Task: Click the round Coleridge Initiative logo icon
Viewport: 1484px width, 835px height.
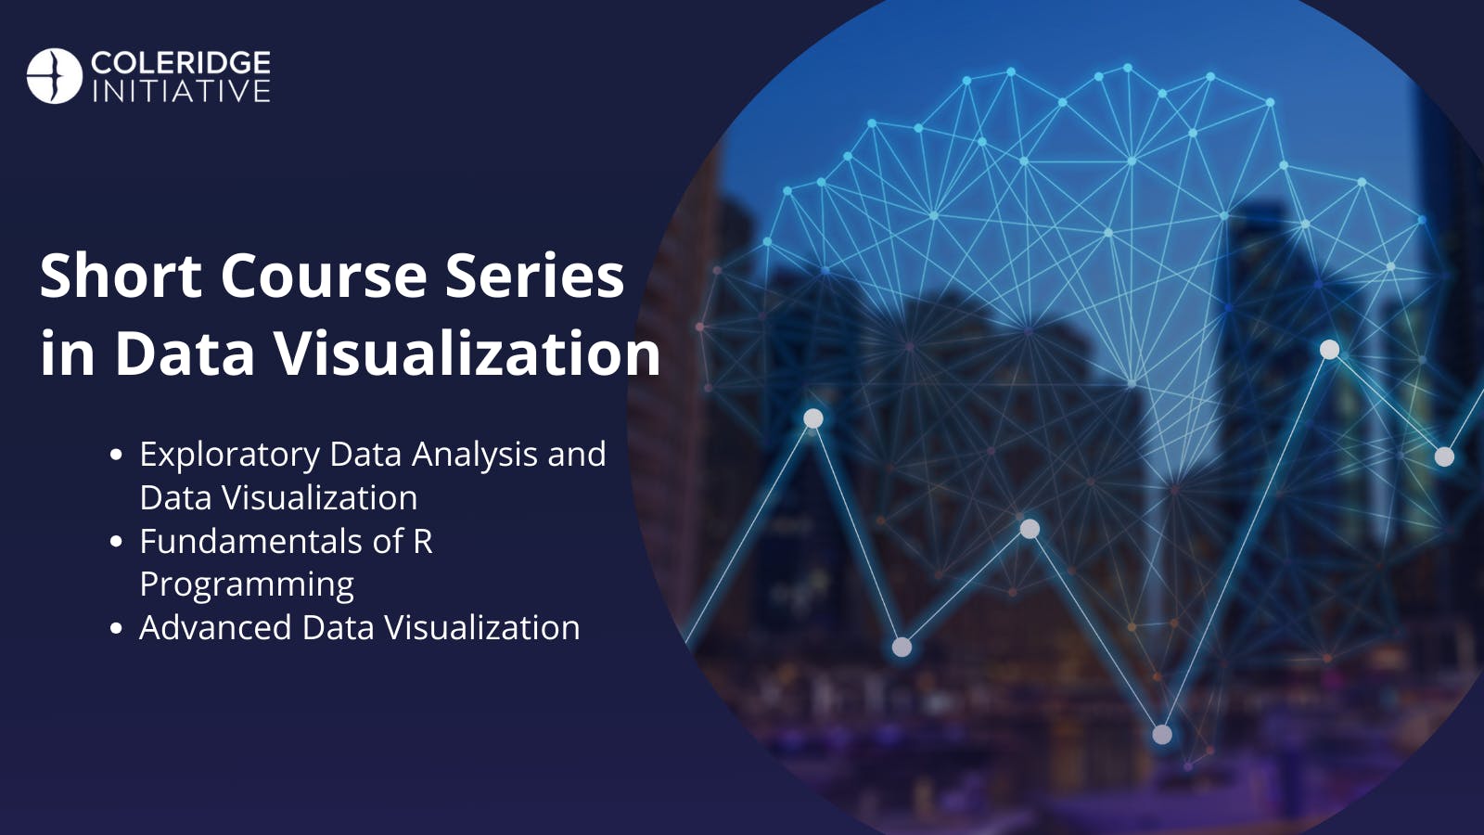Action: (55, 75)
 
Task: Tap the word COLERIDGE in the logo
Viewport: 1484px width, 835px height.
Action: (181, 62)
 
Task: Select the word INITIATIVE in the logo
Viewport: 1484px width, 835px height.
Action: (181, 92)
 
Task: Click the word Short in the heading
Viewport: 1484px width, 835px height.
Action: (122, 276)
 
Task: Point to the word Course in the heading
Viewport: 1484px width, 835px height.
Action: (324, 276)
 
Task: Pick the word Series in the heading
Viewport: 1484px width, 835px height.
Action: (534, 276)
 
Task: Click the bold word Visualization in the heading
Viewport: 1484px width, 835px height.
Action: (468, 353)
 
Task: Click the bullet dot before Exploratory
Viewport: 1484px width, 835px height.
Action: (116, 456)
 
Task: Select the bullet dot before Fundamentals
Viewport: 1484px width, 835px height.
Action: (116, 542)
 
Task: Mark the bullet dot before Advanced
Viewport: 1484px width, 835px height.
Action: (116, 627)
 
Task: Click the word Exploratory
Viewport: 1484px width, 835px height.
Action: (230, 456)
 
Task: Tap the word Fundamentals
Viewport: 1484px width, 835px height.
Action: (251, 541)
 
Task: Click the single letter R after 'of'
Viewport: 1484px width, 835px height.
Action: (423, 542)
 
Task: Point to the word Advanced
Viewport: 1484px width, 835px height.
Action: (215, 627)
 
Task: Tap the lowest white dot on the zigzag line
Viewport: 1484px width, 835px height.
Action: (1162, 734)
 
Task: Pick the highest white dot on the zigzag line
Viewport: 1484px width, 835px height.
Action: (1330, 349)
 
